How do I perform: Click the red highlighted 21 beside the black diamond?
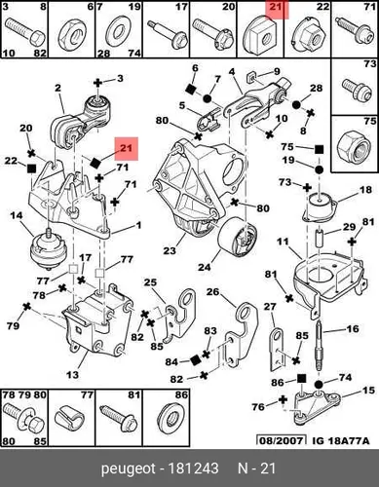pyautogui.click(x=126, y=148)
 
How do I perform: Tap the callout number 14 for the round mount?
pyautogui.click(x=17, y=215)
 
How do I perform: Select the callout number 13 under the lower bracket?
pyautogui.click(x=72, y=374)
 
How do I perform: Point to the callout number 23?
pyautogui.click(x=170, y=250)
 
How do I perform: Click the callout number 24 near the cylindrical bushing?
pyautogui.click(x=205, y=267)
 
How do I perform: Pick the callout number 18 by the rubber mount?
pyautogui.click(x=365, y=189)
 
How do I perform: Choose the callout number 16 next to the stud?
pyautogui.click(x=353, y=328)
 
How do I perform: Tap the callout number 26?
pyautogui.click(x=213, y=292)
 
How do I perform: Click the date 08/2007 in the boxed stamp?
pyautogui.click(x=282, y=440)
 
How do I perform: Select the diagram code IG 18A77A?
pyautogui.click(x=341, y=440)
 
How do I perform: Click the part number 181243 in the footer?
pyautogui.click(x=193, y=468)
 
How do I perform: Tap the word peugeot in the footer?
pyautogui.click(x=127, y=468)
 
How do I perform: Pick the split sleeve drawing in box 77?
pyautogui.click(x=69, y=420)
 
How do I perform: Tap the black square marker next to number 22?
pyautogui.click(x=31, y=169)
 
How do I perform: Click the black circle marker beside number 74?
pyautogui.click(x=319, y=385)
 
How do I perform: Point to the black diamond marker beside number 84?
pyautogui.click(x=195, y=360)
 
